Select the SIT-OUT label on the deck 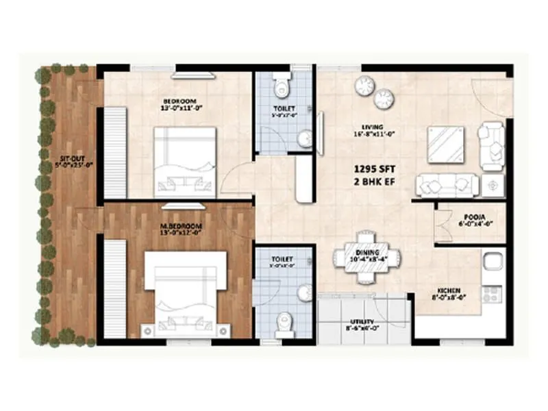coord(67,161)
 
